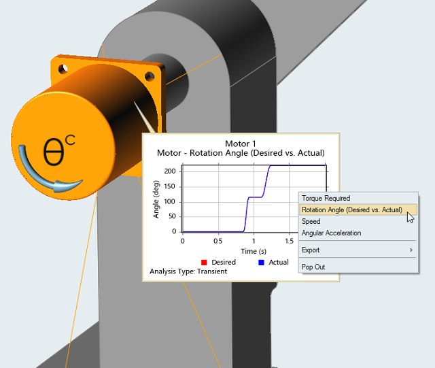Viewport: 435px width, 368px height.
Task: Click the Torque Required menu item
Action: pyautogui.click(x=326, y=199)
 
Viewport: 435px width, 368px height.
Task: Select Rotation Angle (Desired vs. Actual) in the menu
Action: pyautogui.click(x=352, y=210)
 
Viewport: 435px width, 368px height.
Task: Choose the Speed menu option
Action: pyautogui.click(x=311, y=221)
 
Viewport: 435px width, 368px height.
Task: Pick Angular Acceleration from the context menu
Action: pyautogui.click(x=331, y=233)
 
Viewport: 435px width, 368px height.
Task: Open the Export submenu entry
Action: pyautogui.click(x=311, y=250)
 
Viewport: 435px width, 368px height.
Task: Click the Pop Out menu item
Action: pyautogui.click(x=313, y=267)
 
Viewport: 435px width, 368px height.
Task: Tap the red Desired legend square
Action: pyautogui.click(x=204, y=263)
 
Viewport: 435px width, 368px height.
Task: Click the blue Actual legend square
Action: pyautogui.click(x=261, y=263)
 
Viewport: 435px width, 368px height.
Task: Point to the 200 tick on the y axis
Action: pyautogui.click(x=170, y=171)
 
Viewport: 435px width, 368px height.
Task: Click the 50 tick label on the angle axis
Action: pyautogui.click(x=172, y=216)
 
